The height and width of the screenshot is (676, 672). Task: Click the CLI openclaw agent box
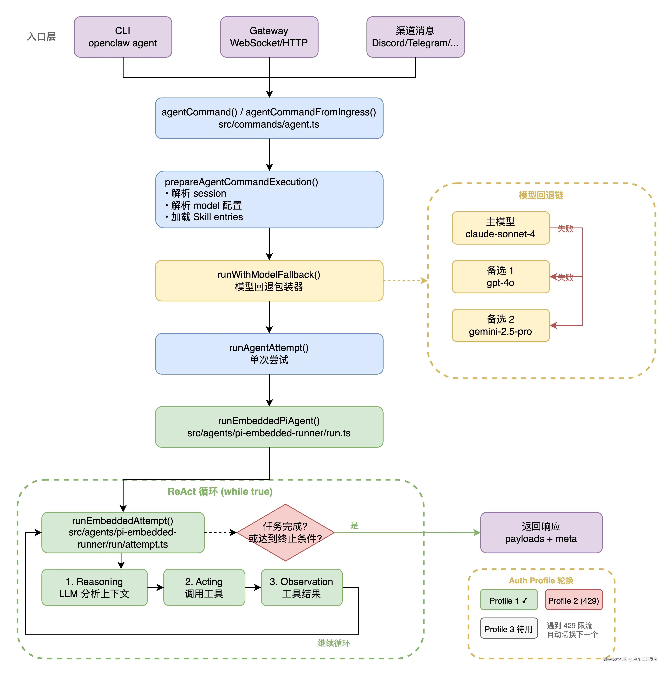click(123, 37)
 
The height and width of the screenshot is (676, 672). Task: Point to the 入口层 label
click(41, 36)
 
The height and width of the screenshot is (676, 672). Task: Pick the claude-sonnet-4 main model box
click(501, 228)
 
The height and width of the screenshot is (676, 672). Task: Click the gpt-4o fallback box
click(501, 276)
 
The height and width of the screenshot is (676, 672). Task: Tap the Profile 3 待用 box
click(509, 629)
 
